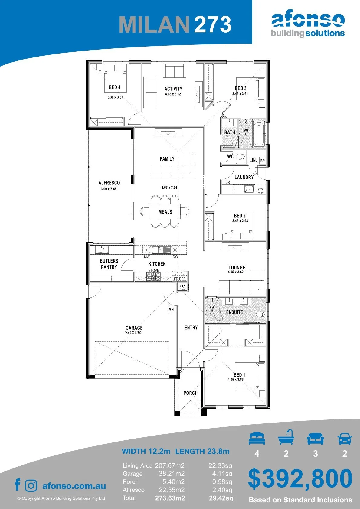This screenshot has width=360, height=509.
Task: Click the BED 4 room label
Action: (115, 87)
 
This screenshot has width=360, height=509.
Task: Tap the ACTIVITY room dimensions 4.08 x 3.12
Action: (173, 94)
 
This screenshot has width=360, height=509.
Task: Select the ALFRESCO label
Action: (109, 183)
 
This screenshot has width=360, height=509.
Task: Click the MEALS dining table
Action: (165, 211)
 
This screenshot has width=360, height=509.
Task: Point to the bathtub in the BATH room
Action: (259, 134)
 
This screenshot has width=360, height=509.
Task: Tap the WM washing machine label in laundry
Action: (261, 189)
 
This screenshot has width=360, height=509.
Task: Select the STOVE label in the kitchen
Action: (154, 270)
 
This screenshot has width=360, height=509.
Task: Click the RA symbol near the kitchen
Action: (183, 286)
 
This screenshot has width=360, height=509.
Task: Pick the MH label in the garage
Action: (171, 309)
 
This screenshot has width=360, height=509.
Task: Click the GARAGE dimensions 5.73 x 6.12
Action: (133, 332)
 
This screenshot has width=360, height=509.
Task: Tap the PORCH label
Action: (191, 393)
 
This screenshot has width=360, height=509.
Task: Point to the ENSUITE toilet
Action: (260, 314)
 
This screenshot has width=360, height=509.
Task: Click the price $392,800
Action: (300, 479)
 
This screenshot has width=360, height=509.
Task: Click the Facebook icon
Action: (18, 485)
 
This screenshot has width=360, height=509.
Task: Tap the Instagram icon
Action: (31, 486)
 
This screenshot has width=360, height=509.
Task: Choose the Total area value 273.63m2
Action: (170, 498)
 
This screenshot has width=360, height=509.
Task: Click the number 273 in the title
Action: (213, 24)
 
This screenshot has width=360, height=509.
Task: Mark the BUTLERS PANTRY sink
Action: (102, 250)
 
